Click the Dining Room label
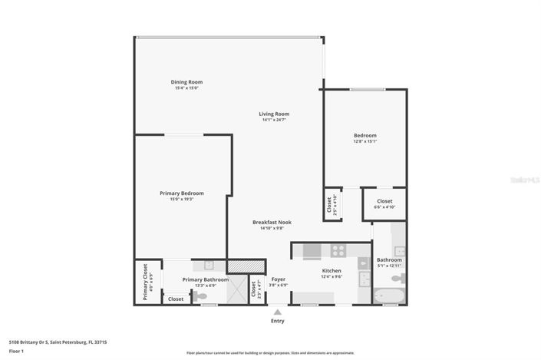point(186,81)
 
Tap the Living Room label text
point(274,114)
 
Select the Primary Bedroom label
point(181,193)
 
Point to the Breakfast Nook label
point(272,222)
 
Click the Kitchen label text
point(332,271)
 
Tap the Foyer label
point(278,279)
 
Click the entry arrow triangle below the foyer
point(277,312)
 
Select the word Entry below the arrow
point(277,321)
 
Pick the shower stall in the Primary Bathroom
point(239,289)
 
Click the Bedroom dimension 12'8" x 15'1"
point(365,141)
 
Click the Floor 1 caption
point(17,351)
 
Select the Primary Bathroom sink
point(209,264)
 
